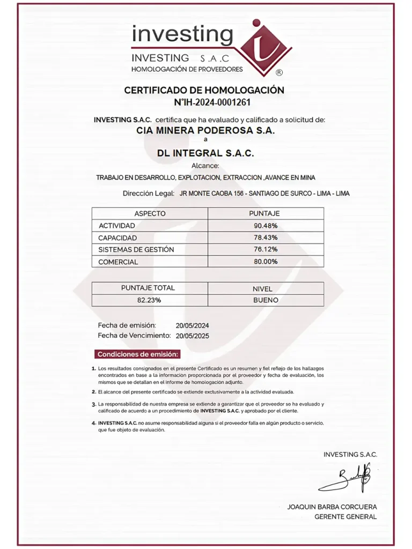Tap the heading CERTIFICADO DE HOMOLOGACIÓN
click(204, 90)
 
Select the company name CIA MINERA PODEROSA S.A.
click(205, 130)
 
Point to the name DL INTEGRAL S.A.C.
click(205, 153)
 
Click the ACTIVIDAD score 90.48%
click(266, 226)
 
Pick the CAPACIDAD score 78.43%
click(266, 238)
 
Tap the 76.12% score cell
click(266, 249)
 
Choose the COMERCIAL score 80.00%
click(266, 262)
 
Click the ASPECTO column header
click(150, 213)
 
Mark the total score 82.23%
click(149, 300)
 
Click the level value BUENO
click(266, 300)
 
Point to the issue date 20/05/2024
click(192, 325)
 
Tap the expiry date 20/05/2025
click(192, 336)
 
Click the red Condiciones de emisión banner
click(138, 354)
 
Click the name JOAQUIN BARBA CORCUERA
click(332, 507)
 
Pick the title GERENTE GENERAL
click(345, 517)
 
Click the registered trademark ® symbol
click(279, 72)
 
